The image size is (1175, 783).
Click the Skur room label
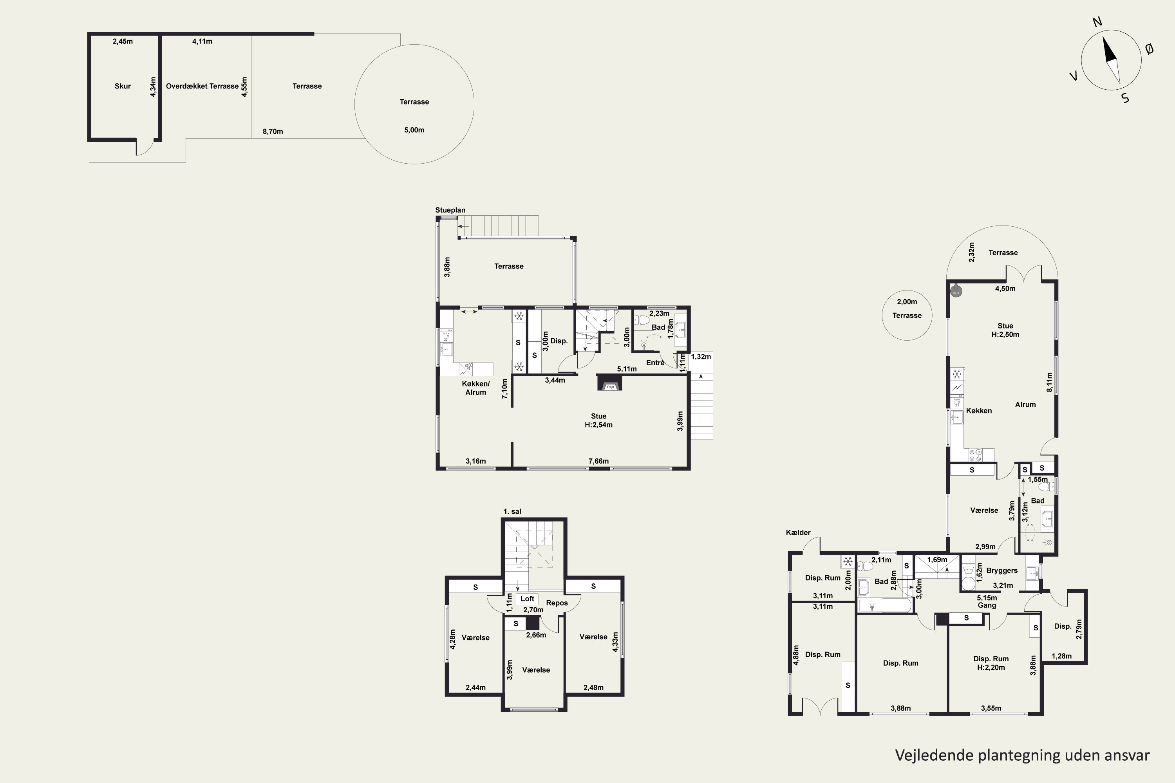click(x=122, y=86)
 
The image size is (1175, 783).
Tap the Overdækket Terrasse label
click(x=202, y=86)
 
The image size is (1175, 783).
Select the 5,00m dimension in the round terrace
click(x=414, y=130)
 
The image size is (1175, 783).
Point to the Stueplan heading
click(x=450, y=210)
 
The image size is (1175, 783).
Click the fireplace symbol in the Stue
click(x=609, y=382)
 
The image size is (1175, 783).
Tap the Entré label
click(x=655, y=363)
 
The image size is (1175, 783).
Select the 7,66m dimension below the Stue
click(x=598, y=461)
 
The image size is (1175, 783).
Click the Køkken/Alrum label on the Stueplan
click(x=475, y=388)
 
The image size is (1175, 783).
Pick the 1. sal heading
click(x=512, y=511)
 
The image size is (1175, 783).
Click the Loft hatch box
click(x=527, y=599)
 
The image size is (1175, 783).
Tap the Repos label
click(x=557, y=603)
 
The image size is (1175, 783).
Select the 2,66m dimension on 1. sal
click(x=536, y=635)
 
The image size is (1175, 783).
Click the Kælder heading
click(x=798, y=532)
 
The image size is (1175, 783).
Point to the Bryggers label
click(x=1001, y=570)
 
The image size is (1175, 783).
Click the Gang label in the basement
click(x=987, y=605)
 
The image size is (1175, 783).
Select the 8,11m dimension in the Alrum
click(x=1049, y=382)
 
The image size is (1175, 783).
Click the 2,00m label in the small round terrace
click(x=907, y=301)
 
